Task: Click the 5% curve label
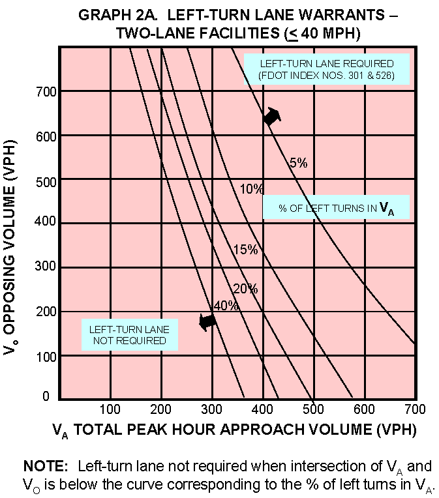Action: coord(298,164)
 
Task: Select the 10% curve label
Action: coord(251,190)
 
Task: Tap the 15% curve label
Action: coord(245,250)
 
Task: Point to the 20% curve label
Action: coord(245,289)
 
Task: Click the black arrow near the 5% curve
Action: coord(272,117)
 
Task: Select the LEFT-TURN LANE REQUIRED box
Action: coord(327,69)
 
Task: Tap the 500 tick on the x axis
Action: coord(313,409)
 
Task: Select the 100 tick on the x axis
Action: coord(110,409)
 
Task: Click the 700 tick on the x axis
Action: coord(416,409)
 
